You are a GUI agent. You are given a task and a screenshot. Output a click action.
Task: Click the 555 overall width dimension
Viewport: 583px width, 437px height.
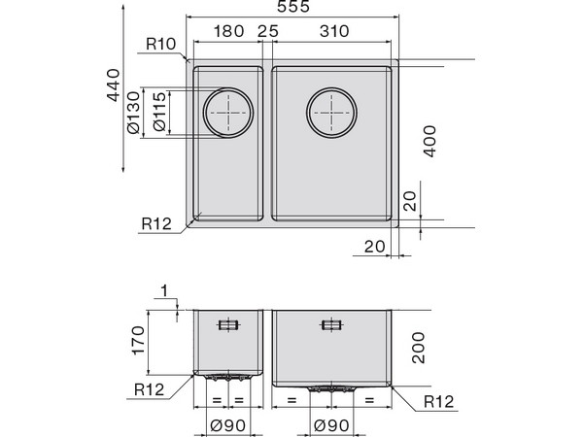(x=292, y=9)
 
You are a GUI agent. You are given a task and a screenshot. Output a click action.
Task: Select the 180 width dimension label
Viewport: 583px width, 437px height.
(x=227, y=32)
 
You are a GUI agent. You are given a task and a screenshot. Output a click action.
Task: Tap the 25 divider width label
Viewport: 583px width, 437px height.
(x=267, y=32)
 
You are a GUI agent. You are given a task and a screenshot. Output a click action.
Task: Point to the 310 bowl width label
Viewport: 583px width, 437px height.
(x=333, y=32)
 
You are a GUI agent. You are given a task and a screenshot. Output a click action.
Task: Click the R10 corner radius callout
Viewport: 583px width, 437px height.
(x=160, y=43)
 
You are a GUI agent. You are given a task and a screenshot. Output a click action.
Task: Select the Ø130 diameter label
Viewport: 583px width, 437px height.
(x=135, y=113)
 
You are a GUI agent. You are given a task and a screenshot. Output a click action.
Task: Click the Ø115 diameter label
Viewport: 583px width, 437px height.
(x=158, y=113)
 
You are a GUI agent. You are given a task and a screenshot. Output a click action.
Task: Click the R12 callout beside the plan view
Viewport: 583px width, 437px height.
(x=155, y=223)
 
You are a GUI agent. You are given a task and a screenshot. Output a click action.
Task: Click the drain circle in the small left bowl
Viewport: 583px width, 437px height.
(x=228, y=113)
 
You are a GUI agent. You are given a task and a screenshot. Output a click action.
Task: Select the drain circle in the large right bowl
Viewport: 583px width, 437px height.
(x=332, y=113)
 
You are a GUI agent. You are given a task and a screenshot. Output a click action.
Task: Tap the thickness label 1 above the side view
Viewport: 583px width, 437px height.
(x=167, y=290)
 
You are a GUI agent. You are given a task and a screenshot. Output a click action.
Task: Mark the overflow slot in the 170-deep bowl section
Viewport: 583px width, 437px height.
(x=229, y=325)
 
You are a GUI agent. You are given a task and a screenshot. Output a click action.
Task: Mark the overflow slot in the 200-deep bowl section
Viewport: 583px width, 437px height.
(x=332, y=325)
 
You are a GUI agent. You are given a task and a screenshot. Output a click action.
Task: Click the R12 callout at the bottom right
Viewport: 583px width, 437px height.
(x=439, y=400)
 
